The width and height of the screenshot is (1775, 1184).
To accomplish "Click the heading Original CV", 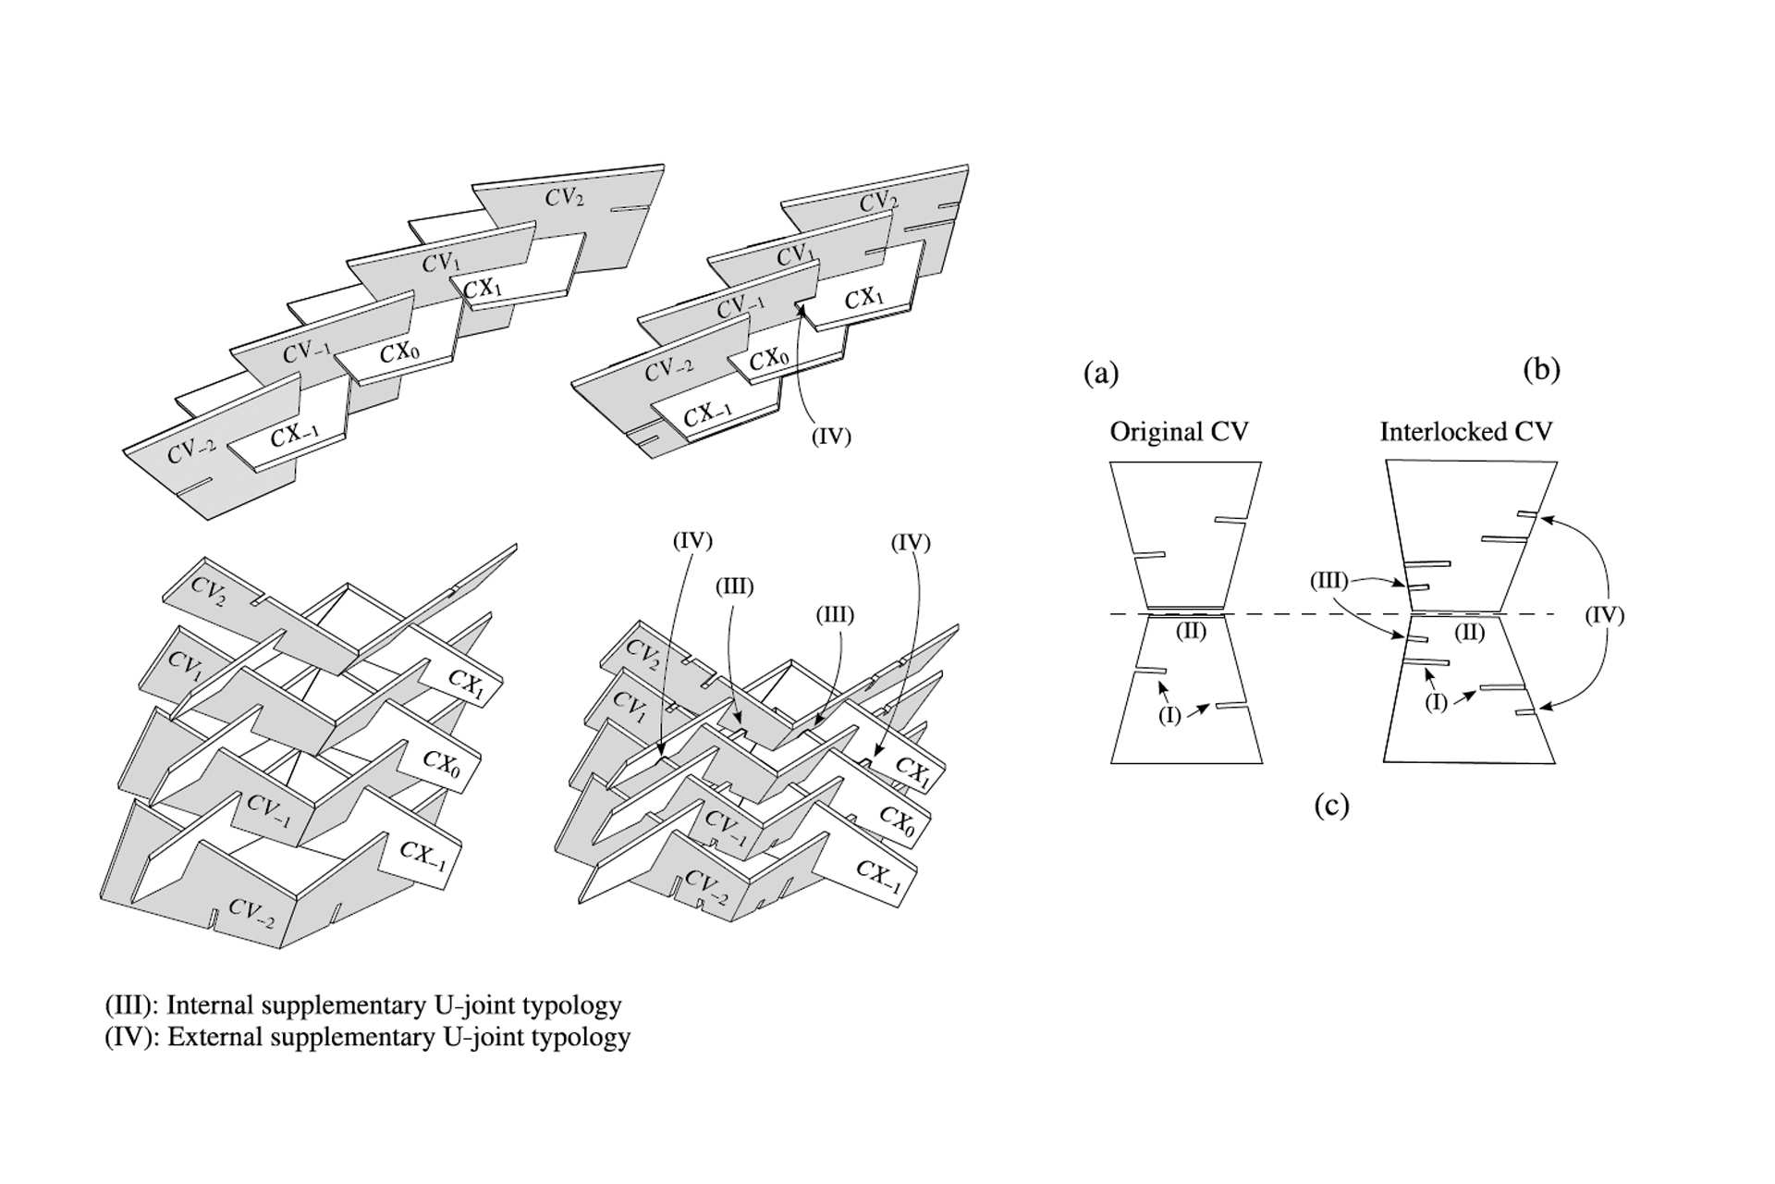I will (x=1179, y=432).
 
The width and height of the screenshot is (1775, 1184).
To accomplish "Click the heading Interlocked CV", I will (x=1465, y=432).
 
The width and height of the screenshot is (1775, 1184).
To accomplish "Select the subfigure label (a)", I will (x=1100, y=374).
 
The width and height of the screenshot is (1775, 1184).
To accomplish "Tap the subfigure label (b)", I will (x=1541, y=370).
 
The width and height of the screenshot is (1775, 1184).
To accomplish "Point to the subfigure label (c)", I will (x=1331, y=806).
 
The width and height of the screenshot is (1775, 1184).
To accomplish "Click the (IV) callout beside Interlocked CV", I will (x=1604, y=615).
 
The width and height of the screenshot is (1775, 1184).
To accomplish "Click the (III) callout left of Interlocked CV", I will (x=1328, y=582).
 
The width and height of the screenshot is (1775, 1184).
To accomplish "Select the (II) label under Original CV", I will (x=1191, y=633).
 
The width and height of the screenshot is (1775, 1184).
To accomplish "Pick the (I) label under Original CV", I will (x=1169, y=716).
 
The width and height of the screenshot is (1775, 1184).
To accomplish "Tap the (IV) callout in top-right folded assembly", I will (x=830, y=437).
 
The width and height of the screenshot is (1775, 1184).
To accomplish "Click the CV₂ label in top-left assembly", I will (x=564, y=197).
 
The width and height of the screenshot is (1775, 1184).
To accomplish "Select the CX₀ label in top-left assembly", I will (x=400, y=353).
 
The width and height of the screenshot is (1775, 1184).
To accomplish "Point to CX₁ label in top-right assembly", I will (x=864, y=298).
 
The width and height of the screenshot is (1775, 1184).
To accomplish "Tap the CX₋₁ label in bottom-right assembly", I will (x=878, y=875).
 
